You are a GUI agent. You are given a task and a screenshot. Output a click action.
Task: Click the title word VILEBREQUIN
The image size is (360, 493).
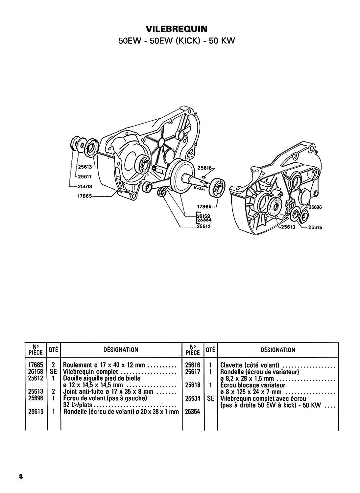pos(177,29)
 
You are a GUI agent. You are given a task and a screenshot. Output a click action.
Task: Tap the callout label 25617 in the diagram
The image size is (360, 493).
pos(85,176)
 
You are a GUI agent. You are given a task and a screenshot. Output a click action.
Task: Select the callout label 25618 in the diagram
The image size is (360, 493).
pos(85,186)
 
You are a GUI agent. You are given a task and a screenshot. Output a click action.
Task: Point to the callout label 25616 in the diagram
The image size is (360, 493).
pos(204,168)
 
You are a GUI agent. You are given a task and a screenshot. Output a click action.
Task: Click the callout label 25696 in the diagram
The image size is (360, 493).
pos(315,207)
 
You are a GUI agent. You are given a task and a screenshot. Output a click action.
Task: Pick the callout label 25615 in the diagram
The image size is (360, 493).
pos(315,227)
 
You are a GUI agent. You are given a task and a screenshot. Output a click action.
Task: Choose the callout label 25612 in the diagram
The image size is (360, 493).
pos(204,226)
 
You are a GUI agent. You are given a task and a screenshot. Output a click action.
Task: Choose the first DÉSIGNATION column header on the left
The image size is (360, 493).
pos(121,350)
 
